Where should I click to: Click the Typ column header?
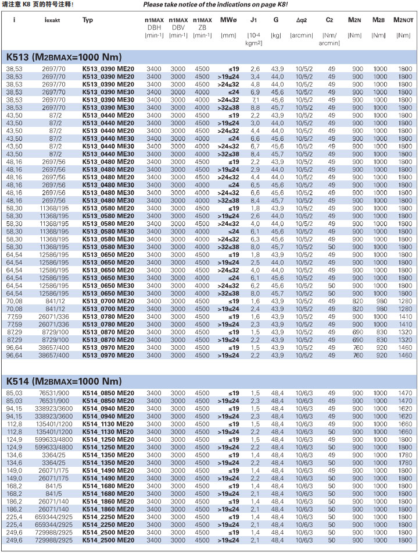pyautogui.click(x=88, y=20)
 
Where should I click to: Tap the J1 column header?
pyautogui.click(x=253, y=20)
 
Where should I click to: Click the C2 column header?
pyautogui.click(x=330, y=20)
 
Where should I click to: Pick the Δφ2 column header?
pyautogui.click(x=301, y=20)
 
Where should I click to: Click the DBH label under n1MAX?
pyautogui.click(x=154, y=27)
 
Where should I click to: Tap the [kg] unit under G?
pyautogui.click(x=276, y=36)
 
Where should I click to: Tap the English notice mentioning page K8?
pyautogui.click(x=212, y=5)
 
